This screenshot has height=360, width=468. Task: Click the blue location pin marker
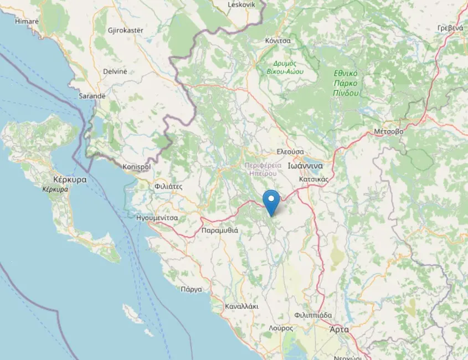click(x=271, y=202)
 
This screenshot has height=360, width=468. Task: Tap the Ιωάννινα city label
click(x=308, y=165)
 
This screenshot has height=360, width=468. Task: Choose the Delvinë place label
click(x=115, y=71)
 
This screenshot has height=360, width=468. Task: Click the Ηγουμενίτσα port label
click(x=157, y=218)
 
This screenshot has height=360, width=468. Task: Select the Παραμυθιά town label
click(x=220, y=230)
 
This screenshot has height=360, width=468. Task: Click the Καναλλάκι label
click(x=242, y=306)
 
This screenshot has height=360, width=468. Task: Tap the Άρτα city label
click(x=339, y=329)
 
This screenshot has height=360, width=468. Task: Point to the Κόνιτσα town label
click(x=277, y=41)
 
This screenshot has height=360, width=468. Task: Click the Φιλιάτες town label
click(x=169, y=187)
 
